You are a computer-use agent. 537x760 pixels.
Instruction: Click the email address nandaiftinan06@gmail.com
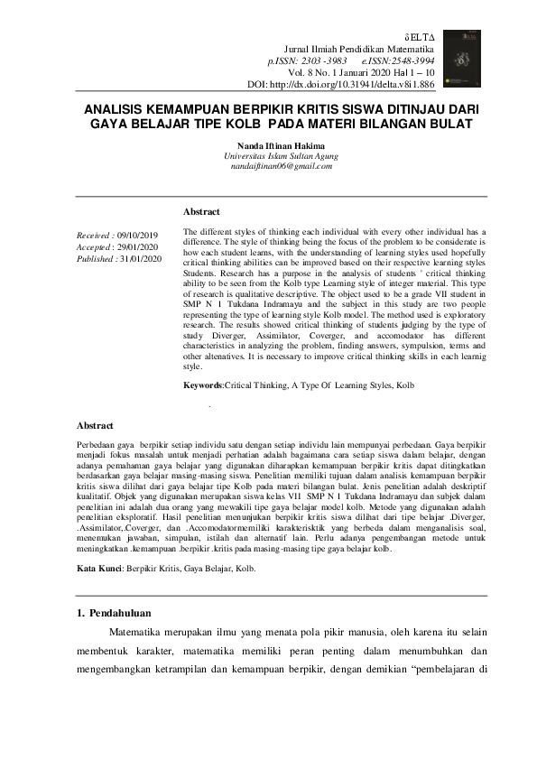268,167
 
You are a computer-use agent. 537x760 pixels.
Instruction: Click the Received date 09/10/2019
137,235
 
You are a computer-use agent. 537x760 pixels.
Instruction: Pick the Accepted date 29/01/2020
138,246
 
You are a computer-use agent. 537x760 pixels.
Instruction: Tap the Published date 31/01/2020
140,258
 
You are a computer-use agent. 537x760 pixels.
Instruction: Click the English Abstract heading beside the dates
201,211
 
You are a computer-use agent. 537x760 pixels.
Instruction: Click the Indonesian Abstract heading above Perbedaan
94,424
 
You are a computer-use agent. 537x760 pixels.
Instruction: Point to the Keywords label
202,385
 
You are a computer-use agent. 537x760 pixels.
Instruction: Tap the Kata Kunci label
97,569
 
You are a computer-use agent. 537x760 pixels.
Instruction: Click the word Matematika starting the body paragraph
137,640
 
